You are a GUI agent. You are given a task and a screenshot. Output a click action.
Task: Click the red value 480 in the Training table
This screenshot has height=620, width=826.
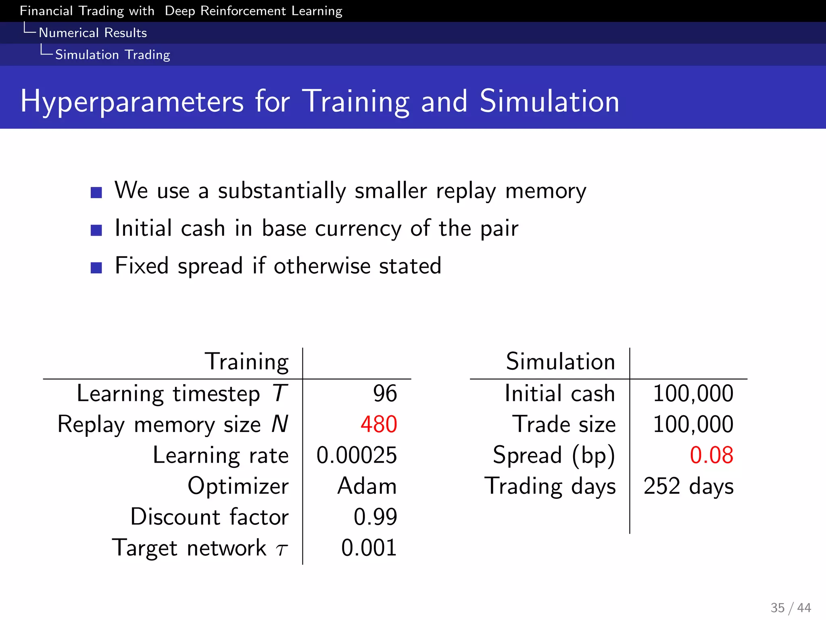[x=379, y=425]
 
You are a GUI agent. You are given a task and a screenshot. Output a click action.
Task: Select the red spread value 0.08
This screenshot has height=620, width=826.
[x=711, y=455]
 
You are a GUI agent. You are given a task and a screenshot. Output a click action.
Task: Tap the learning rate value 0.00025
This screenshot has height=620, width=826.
[x=357, y=455]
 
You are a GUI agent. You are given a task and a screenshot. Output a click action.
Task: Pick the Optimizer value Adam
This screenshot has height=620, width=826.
[x=367, y=486]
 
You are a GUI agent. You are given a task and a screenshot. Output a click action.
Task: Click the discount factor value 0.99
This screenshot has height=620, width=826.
[x=375, y=517]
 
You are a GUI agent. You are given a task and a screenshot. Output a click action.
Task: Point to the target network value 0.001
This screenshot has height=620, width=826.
[x=369, y=548]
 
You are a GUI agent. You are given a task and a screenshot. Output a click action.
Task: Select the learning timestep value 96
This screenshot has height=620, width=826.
[x=385, y=394]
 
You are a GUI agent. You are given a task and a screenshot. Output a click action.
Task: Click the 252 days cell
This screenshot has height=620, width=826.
[x=688, y=486]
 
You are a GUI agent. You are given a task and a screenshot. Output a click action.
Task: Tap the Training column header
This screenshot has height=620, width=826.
[x=247, y=362]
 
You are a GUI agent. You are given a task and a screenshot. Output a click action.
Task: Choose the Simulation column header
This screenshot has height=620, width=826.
[x=561, y=362]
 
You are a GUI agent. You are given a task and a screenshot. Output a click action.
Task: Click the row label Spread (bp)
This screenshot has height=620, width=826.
[x=554, y=456]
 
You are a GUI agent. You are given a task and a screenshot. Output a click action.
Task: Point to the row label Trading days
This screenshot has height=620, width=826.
[x=550, y=486]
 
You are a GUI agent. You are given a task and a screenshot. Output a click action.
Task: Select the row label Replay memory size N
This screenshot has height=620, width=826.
[x=173, y=425]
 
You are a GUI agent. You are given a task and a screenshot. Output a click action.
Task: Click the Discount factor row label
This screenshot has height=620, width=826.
[x=209, y=517]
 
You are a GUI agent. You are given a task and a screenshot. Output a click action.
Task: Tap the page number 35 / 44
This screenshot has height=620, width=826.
[x=791, y=607]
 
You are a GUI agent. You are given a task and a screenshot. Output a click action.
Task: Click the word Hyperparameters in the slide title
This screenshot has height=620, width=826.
[x=132, y=101]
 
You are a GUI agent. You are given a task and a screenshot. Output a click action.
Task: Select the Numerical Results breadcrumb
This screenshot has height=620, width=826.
[x=93, y=33]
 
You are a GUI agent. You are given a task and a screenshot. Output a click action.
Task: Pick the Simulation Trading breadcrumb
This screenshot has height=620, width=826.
[x=113, y=54]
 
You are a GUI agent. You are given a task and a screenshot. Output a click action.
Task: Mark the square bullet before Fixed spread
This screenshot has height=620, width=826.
[x=96, y=268]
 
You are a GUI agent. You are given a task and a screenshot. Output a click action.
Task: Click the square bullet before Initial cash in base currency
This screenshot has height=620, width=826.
[x=96, y=230]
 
